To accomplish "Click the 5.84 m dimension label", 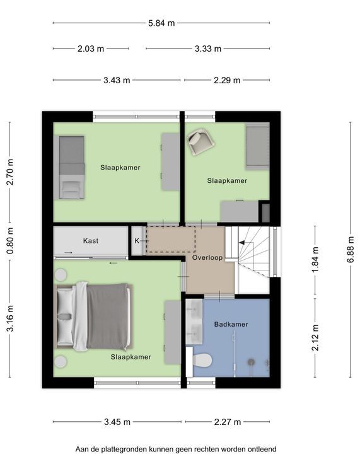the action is [161, 23].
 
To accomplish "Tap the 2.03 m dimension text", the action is [91, 49].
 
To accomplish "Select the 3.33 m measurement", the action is [208, 49].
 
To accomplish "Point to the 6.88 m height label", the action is [351, 250].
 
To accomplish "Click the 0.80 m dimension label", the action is [10, 241].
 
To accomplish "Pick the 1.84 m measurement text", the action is [315, 259].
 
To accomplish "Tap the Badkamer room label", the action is [231, 324].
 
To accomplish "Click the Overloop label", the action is [207, 257].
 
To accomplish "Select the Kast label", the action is [91, 241].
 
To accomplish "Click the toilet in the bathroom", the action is [202, 360].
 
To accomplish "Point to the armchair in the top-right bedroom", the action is [201, 141].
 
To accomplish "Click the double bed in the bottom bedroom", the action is [93, 317].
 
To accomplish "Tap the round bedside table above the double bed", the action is [61, 275].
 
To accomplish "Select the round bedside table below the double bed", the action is [61, 362].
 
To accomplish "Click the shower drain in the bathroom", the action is [251, 362].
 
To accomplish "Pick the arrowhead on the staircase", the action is [241, 243].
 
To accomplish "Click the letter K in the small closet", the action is [137, 241].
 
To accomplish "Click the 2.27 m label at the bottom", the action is [228, 422].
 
